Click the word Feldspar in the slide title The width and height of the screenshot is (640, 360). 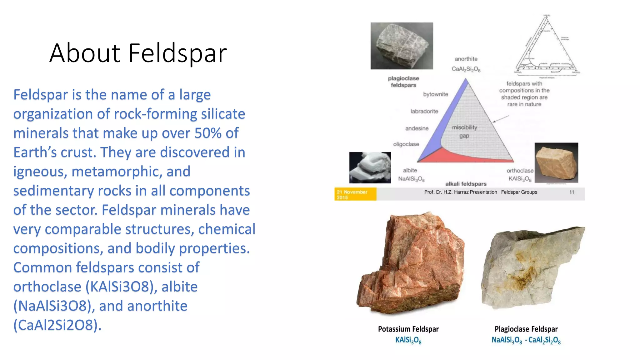coord(177,53)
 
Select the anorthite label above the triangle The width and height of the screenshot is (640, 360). coord(466,59)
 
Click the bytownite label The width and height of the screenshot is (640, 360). coord(435,94)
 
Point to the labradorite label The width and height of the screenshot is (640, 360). coord(424,112)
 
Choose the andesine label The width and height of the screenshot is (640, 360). coord(417,128)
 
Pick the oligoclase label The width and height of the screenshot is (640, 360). coord(406,144)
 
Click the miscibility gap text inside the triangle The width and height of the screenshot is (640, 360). coord(464,132)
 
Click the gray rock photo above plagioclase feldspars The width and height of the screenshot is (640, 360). coord(402,46)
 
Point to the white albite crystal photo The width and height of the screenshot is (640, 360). coord(370,167)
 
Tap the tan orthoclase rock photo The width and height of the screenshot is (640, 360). coord(556,162)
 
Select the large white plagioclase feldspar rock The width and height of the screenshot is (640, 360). coord(531,267)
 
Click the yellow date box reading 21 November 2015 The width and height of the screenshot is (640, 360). coord(355,194)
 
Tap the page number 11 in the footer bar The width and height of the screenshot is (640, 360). coord(572,192)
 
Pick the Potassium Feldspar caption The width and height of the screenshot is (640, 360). coord(408,329)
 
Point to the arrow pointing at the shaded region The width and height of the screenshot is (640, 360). coord(501,119)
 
